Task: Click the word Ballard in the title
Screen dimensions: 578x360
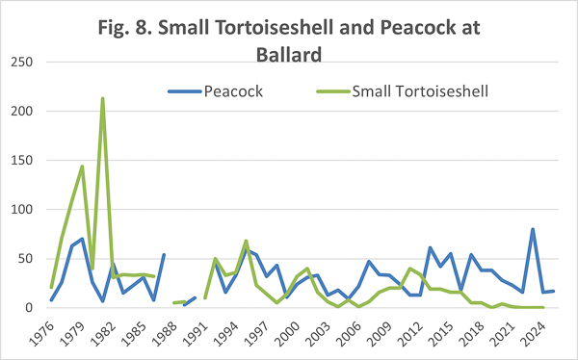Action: point(289,55)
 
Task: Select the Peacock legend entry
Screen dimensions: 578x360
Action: point(216,91)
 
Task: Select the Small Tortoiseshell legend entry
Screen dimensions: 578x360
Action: point(403,91)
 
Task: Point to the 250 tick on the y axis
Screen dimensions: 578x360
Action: point(22,62)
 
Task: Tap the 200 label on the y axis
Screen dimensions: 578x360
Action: point(22,111)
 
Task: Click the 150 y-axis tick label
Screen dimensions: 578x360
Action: point(22,161)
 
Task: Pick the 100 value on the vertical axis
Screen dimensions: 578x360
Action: point(22,209)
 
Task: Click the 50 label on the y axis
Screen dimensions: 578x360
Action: point(26,259)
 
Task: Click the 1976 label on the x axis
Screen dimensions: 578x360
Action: point(41,333)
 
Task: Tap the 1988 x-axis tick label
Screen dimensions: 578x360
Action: point(165,333)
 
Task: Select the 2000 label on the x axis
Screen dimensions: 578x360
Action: point(287,333)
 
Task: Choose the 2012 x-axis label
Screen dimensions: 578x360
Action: point(410,333)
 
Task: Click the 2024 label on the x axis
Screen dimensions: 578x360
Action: point(533,333)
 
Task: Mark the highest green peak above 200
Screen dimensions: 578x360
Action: point(102,98)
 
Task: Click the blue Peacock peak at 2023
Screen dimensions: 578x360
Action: point(533,229)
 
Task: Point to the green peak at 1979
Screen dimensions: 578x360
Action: point(82,167)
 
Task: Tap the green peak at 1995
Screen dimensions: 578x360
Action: point(246,241)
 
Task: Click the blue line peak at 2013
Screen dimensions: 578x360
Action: point(431,247)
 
